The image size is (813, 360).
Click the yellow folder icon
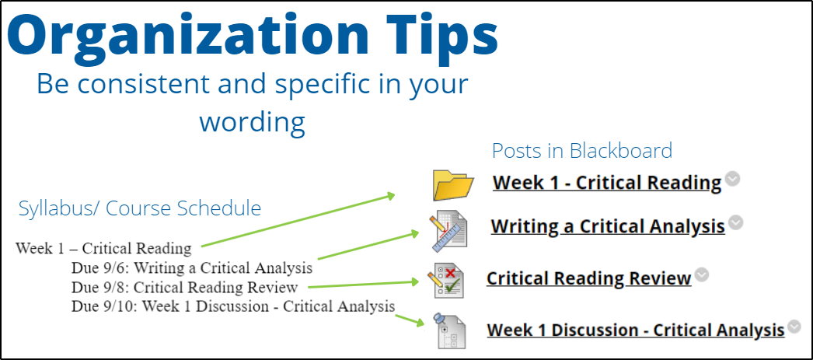click(x=453, y=185)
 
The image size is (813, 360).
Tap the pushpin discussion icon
click(x=449, y=330)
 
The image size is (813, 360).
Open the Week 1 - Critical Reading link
click(x=607, y=183)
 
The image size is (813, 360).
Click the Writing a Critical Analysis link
click(x=608, y=226)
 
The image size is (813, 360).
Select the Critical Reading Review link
click(x=589, y=278)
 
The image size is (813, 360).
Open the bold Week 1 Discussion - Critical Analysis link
click(x=636, y=330)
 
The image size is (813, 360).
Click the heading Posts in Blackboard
click(x=581, y=150)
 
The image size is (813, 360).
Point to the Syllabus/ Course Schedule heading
click(x=139, y=208)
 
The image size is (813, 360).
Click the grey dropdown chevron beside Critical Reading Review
click(x=702, y=274)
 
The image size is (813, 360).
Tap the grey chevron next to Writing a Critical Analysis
click(x=735, y=222)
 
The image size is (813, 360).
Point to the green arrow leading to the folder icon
click(x=298, y=221)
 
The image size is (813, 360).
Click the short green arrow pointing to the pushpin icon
click(x=410, y=320)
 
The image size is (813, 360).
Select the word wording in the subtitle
click(x=253, y=123)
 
